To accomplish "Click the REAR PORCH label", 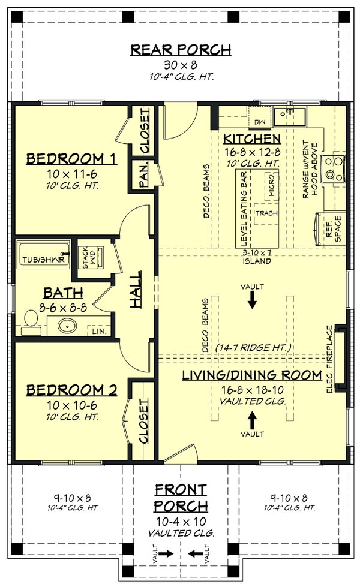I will point(181,49).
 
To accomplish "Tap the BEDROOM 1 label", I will point(71,159).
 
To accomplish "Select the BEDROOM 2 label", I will point(71,390).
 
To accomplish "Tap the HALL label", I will point(137,290).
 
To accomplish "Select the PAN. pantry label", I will point(144,177).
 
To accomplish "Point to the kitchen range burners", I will point(332,168).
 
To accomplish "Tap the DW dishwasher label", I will point(259,122).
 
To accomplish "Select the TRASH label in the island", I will point(264,213).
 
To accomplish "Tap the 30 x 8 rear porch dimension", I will point(181,65).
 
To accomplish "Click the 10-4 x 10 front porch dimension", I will point(181,520).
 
